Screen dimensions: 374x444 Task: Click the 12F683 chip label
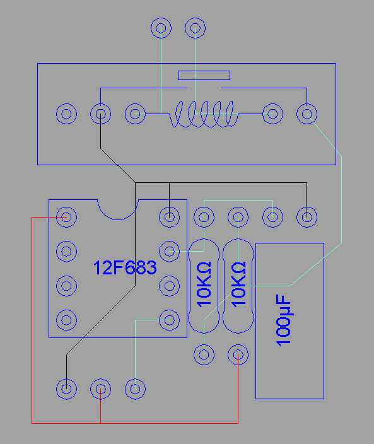pyautogui.click(x=125, y=268)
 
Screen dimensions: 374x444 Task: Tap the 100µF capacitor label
pyautogui.click(x=283, y=321)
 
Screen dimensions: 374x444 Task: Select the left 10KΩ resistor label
pyautogui.click(x=204, y=284)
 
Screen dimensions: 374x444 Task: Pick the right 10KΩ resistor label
pyautogui.click(x=238, y=284)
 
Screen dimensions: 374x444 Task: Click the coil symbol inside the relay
pyautogui.click(x=204, y=114)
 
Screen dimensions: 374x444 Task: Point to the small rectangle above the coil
pyautogui.click(x=204, y=75)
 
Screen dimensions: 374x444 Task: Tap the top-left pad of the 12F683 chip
pyautogui.click(x=66, y=217)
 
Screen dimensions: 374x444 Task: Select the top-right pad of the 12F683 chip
pyautogui.click(x=169, y=217)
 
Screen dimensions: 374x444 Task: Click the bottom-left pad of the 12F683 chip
pyautogui.click(x=66, y=320)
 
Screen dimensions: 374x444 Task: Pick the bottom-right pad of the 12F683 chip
pyautogui.click(x=169, y=320)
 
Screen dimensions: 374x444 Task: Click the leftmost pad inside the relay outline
pyautogui.click(x=66, y=114)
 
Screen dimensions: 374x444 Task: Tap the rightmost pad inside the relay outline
pyautogui.click(x=307, y=114)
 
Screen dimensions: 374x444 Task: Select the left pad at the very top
pyautogui.click(x=161, y=28)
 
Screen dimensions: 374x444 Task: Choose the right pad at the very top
pyautogui.click(x=195, y=28)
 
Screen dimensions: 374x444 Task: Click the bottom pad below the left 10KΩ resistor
pyautogui.click(x=204, y=354)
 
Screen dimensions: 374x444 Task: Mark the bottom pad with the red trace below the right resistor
pyautogui.click(x=238, y=354)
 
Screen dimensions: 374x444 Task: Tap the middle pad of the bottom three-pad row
pyautogui.click(x=100, y=389)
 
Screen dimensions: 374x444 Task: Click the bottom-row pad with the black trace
pyautogui.click(x=66, y=389)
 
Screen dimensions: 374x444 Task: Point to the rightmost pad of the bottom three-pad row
pyautogui.click(x=135, y=389)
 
